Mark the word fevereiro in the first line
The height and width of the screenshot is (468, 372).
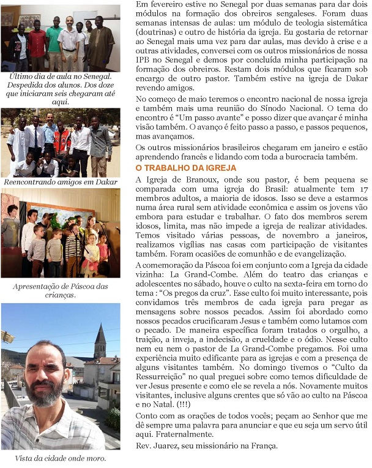pos(166,5)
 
